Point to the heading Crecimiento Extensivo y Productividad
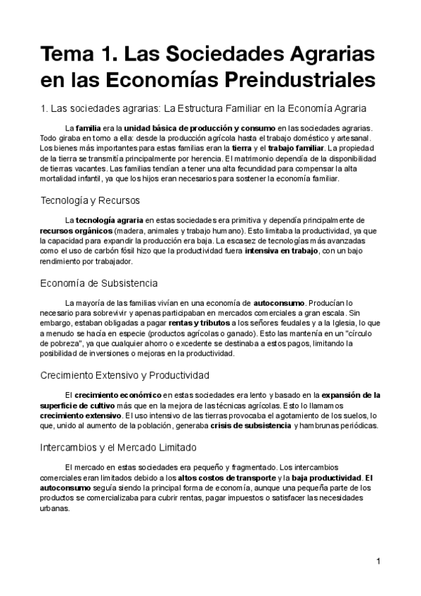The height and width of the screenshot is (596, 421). [x=124, y=375]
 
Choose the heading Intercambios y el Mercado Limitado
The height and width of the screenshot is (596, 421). [x=118, y=447]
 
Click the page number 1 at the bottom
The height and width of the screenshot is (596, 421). [x=378, y=561]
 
